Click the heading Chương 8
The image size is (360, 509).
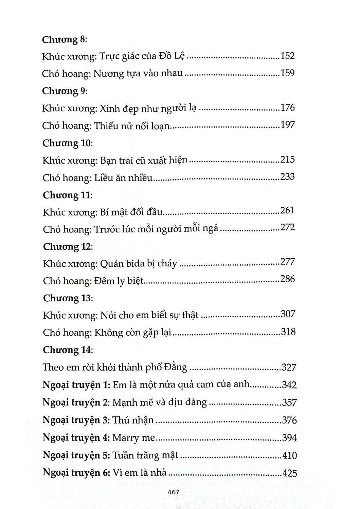65,40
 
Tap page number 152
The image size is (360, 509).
287,56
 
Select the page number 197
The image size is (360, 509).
287,125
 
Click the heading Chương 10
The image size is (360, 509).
68,143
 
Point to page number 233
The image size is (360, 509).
287,176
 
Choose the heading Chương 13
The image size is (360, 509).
68,298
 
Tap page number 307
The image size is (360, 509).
288,314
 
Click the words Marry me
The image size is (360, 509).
133,438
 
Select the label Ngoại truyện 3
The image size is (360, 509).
76,420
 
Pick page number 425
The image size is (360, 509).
289,473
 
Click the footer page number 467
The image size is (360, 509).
174,492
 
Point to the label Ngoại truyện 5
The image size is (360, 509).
76,455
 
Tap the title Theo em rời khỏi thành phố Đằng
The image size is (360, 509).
115,367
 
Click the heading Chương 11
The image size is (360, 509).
68,195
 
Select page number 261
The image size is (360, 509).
287,210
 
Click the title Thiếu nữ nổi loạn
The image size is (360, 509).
131,126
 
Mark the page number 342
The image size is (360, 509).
289,385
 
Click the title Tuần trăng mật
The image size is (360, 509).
145,455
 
